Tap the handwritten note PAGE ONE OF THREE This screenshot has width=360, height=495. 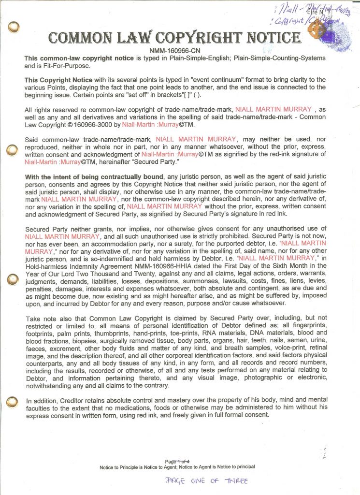206,480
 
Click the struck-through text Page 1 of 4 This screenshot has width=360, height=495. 177,461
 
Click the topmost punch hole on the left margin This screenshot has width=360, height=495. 14,25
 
